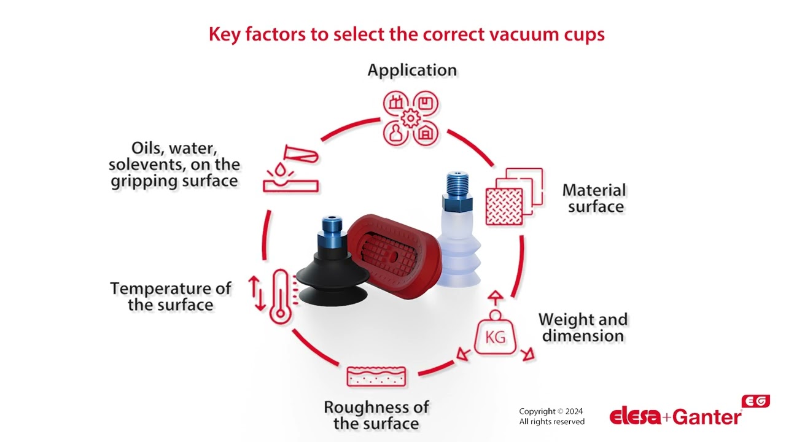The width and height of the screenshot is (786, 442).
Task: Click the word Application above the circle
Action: pos(412,70)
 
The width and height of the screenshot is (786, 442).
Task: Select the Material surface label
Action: pos(594,198)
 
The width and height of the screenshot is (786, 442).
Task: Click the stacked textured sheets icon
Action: pos(513,196)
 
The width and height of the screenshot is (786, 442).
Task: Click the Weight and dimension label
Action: pos(583,328)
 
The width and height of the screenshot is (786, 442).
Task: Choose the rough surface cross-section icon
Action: pos(368,376)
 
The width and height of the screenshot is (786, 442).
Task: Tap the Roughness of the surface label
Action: pos(376,415)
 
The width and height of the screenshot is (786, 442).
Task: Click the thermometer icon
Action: pos(280,295)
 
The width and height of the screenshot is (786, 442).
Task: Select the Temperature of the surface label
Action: pos(171,297)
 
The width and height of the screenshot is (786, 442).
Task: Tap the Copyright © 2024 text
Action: pos(551,411)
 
